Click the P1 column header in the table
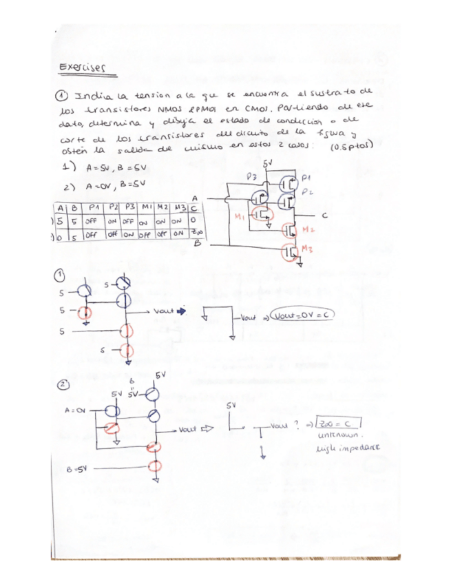coord(92,207)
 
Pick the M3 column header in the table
coord(180,207)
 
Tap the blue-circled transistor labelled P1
coord(289,184)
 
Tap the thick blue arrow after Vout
coord(182,311)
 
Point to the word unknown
coord(334,437)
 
